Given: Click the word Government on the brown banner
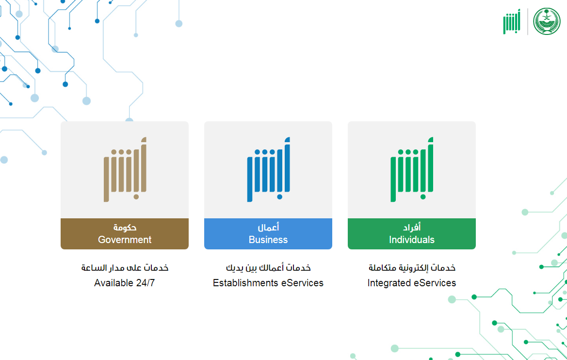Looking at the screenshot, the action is (125, 240).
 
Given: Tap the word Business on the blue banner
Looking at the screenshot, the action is (268, 240).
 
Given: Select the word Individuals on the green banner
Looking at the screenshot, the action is (412, 240).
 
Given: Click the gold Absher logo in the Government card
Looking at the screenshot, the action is (125, 169).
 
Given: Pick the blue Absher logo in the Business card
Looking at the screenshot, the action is (269, 169).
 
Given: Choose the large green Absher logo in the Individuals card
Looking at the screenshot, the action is (412, 169).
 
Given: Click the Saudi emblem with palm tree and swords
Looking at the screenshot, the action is (547, 21).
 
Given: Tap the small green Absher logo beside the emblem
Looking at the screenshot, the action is (512, 22).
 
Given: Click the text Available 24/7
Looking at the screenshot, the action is (125, 283).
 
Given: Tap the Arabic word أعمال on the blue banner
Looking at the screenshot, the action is (268, 228).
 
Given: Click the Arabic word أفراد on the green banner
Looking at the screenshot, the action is (412, 228).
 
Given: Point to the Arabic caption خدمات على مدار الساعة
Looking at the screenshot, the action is (125, 268).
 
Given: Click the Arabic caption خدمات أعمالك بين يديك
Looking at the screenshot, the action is (268, 268).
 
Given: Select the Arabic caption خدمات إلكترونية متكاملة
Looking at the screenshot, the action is (412, 268).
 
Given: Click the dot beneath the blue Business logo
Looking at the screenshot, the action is (279, 197).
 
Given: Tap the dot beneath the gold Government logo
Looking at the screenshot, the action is (136, 197).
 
